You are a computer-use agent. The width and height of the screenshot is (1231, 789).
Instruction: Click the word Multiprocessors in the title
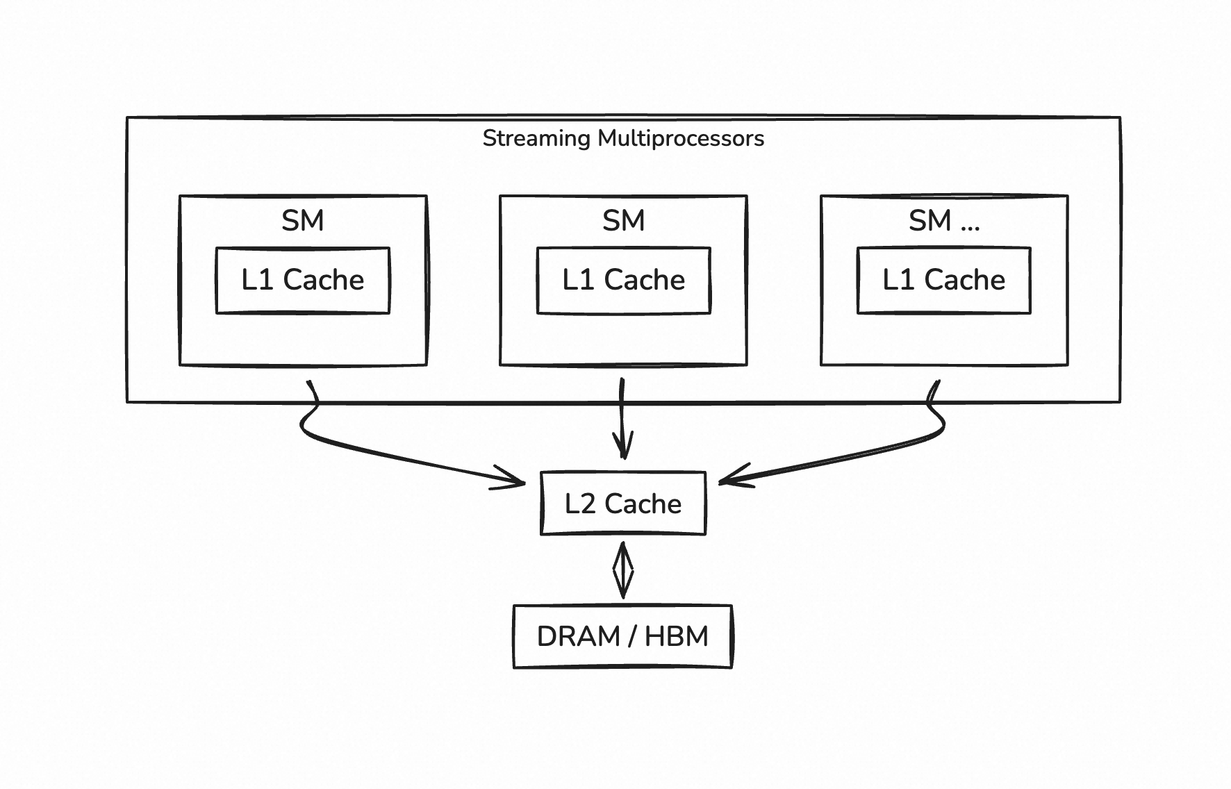681,139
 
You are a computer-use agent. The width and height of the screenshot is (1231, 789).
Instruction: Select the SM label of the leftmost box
302,221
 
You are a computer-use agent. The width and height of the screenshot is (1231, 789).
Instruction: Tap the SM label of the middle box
623,221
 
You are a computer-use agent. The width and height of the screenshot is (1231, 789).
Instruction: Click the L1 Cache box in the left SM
303,280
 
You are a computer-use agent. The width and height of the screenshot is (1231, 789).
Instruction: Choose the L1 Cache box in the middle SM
623,280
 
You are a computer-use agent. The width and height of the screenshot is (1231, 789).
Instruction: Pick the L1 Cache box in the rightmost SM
943,280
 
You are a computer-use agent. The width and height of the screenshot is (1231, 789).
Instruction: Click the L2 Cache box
623,504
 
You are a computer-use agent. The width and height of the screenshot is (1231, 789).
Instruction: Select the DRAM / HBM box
622,636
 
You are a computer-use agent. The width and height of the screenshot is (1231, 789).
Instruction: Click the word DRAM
578,636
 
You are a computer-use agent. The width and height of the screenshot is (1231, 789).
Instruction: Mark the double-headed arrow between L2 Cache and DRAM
623,570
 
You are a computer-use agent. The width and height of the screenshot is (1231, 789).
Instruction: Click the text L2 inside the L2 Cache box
580,504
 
